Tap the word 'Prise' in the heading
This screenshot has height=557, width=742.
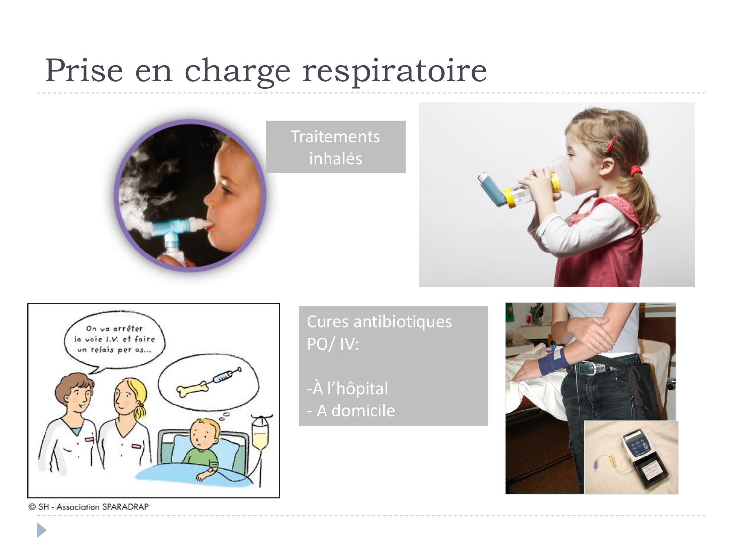pos(84,70)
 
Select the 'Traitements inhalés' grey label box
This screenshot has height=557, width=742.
pos(335,147)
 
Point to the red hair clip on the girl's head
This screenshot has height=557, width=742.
pos(612,144)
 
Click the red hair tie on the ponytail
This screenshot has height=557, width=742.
pos(635,171)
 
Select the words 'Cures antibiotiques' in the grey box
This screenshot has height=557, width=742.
pos(379,322)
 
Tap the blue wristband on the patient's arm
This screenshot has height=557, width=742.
pos(553,362)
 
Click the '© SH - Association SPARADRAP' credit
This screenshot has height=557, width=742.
pos(89,506)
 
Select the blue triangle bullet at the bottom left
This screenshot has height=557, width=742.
pos(41,531)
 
